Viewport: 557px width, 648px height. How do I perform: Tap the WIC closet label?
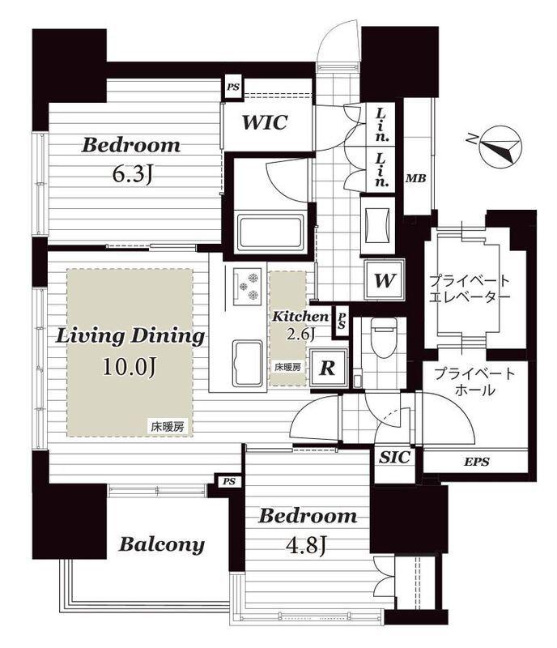[x=265, y=122]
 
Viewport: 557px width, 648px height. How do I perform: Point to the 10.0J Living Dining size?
[x=130, y=366]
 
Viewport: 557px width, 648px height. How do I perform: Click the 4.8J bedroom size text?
[x=307, y=545]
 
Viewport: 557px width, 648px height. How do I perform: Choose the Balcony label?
[x=162, y=544]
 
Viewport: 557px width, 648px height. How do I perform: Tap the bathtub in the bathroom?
[x=270, y=232]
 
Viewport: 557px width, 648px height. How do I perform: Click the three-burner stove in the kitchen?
[x=248, y=285]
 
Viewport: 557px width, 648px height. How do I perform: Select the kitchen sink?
[x=247, y=363]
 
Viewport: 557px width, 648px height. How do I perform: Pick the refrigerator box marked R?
[x=328, y=368]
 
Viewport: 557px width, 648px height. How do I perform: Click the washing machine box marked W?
[x=384, y=280]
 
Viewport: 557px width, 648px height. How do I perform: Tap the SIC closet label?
[x=394, y=457]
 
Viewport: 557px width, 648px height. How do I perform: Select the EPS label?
[x=476, y=462]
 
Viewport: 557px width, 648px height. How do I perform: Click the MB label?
[x=415, y=178]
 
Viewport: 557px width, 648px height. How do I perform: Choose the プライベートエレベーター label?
[x=470, y=288]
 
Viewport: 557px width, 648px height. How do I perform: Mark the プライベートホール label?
[x=475, y=382]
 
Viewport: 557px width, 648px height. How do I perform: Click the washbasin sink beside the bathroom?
[x=377, y=225]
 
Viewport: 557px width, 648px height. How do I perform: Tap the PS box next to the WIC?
[x=232, y=87]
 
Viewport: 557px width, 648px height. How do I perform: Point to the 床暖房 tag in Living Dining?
[x=168, y=427]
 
